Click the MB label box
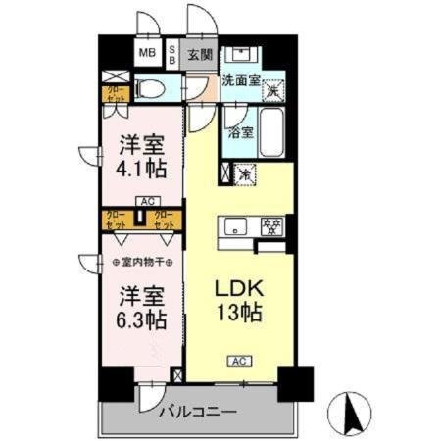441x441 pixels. (x=146, y=53)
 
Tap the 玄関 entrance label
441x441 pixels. (x=200, y=54)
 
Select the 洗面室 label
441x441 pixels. (x=240, y=81)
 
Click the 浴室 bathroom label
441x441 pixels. (x=239, y=130)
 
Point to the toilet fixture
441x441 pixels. (x=150, y=90)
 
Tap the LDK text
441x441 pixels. (x=237, y=291)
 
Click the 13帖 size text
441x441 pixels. (x=238, y=316)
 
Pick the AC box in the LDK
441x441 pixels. (x=238, y=360)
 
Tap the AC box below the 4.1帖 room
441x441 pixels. (x=146, y=202)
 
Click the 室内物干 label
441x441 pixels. (x=143, y=263)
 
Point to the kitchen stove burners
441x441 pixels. (x=271, y=225)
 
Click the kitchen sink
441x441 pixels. (x=236, y=227)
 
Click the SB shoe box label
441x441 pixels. (x=173, y=53)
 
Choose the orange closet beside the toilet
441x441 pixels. (x=115, y=95)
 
